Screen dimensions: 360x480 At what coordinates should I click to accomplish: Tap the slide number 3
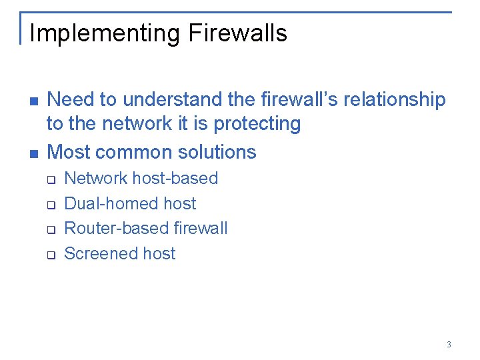(449, 345)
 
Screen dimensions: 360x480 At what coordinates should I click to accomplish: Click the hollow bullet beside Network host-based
(49, 179)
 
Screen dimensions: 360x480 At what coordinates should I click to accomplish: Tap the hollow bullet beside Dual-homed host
(49, 205)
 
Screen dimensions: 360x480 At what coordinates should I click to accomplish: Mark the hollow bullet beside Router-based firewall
(49, 230)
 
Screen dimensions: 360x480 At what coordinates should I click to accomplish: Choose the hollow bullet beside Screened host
(49, 255)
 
